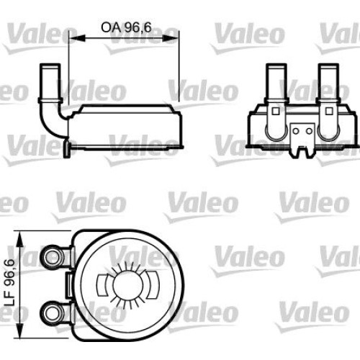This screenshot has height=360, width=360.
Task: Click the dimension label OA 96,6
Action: coord(126,27)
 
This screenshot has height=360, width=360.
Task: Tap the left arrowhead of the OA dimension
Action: coord(77,38)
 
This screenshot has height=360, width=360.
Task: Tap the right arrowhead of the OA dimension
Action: coord(171,38)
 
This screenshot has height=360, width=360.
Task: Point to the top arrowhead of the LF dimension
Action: coord(20,239)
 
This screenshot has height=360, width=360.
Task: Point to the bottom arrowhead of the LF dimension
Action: coord(20,330)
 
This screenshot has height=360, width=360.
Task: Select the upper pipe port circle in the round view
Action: coord(51,257)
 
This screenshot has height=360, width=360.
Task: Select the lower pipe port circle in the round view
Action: coord(51,312)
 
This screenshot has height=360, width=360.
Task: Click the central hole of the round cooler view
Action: coord(127,285)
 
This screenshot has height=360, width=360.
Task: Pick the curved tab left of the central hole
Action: coord(102,285)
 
